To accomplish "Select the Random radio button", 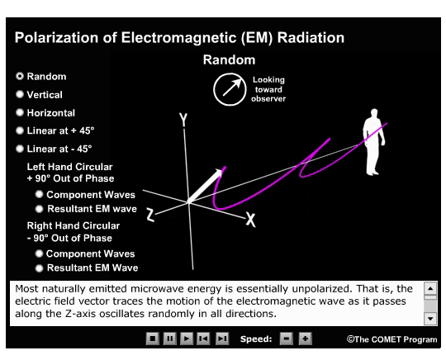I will pyautogui.click(x=19, y=77).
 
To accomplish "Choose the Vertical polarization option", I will pyautogui.click(x=19, y=95).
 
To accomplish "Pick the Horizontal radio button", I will pyautogui.click(x=19, y=113).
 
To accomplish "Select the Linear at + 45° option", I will pyautogui.click(x=19, y=131).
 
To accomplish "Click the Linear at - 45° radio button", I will pyautogui.click(x=19, y=149).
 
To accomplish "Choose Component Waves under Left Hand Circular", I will pyautogui.click(x=39, y=196).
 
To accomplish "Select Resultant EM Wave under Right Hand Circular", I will pyautogui.click(x=39, y=268).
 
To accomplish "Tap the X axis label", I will pyautogui.click(x=250, y=219).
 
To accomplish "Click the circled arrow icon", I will pyautogui.click(x=229, y=90).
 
